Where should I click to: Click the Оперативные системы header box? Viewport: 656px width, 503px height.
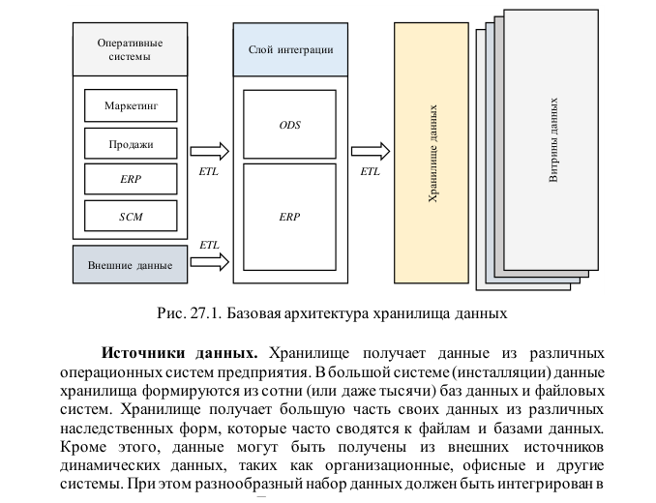click(x=130, y=49)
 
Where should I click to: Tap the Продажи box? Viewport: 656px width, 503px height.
click(x=131, y=146)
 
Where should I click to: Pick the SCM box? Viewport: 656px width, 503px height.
click(x=131, y=216)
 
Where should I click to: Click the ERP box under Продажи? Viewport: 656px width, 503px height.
click(x=131, y=180)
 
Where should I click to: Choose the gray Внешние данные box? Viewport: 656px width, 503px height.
click(x=130, y=264)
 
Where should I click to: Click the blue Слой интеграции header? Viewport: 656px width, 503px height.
click(x=290, y=49)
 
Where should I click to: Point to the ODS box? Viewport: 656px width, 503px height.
click(x=289, y=125)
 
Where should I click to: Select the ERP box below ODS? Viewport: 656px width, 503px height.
click(x=289, y=216)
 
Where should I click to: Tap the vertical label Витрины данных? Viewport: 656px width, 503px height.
click(x=554, y=139)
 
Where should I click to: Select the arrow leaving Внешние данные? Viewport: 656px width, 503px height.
click(x=209, y=261)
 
